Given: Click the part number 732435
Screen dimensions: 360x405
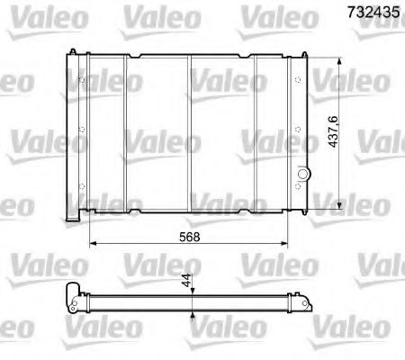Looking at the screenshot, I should [x=372, y=13].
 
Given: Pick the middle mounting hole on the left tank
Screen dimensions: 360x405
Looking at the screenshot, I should [x=83, y=138].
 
